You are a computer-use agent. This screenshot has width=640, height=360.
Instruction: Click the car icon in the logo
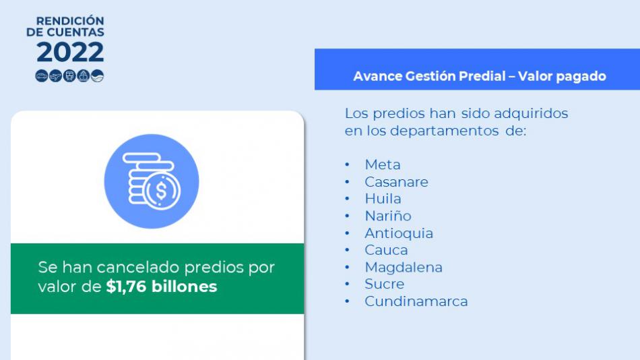coord(42,76)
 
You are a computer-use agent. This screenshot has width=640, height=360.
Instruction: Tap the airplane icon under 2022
coord(55,76)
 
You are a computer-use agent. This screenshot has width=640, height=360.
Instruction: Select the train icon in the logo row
coord(69,76)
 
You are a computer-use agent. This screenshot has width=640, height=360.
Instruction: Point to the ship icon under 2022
coord(84,76)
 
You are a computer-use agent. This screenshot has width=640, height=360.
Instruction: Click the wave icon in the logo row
coord(97,76)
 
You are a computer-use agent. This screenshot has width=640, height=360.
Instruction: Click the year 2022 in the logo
coord(70,53)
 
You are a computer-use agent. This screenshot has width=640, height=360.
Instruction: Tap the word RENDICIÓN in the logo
coord(70,20)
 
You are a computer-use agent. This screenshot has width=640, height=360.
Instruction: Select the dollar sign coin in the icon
coord(161,191)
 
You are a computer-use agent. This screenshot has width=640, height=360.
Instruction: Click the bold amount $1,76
coord(126,287)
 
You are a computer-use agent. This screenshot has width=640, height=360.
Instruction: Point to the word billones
coord(184,286)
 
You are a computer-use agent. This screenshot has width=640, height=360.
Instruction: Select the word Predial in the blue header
coord(482,76)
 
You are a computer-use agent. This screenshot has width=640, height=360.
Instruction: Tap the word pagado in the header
coord(583,77)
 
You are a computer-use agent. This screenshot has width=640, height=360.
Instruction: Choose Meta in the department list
coord(383,164)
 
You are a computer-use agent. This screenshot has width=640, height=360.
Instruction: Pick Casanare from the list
coord(396,182)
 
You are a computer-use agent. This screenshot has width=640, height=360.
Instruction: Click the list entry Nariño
coord(388,216)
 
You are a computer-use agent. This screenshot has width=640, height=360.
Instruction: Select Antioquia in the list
coord(399,233)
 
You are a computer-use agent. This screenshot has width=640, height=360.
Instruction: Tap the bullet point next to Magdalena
coord(348,267)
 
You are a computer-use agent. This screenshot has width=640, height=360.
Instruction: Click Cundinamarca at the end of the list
coord(416,301)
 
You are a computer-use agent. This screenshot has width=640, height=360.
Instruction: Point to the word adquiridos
coord(531,113)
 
